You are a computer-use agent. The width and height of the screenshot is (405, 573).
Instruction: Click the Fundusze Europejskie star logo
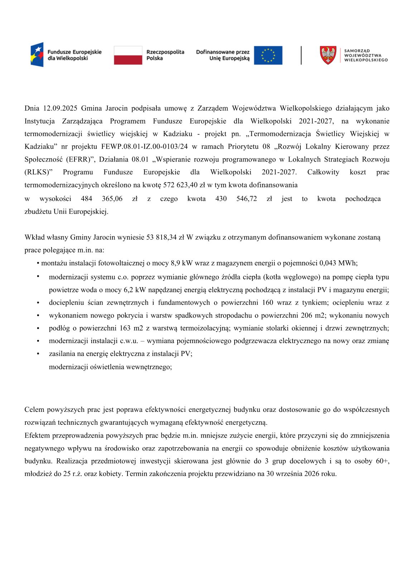click(x=37, y=54)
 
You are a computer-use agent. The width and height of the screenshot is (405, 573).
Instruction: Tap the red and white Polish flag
click(x=128, y=55)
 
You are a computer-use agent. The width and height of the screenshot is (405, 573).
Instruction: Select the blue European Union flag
click(x=268, y=55)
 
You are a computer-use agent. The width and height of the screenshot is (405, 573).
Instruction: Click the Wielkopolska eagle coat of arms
click(x=328, y=55)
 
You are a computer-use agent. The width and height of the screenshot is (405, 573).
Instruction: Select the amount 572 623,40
click(x=180, y=185)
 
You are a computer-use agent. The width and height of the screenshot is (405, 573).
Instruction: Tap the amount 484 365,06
click(x=102, y=199)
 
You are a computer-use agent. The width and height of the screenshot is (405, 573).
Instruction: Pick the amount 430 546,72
click(x=236, y=199)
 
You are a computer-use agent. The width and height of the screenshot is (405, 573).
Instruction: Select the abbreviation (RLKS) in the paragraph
click(x=38, y=172)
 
